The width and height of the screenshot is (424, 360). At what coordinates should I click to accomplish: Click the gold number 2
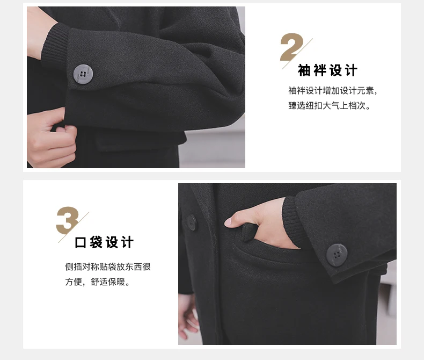click(291, 47)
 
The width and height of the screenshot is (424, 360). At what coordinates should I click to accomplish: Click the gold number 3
click(67, 220)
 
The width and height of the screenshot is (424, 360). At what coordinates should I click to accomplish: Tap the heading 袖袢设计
click(328, 70)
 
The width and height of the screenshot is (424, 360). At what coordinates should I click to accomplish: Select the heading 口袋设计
click(104, 242)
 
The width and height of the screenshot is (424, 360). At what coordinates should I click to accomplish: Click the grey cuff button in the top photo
click(83, 74)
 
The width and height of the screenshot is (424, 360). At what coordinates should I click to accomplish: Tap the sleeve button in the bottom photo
click(337, 255)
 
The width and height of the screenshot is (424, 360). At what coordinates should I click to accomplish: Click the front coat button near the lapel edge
click(192, 222)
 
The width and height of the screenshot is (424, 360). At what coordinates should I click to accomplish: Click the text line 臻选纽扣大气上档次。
click(329, 105)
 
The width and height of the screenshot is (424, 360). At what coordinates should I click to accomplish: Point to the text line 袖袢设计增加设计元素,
click(332, 90)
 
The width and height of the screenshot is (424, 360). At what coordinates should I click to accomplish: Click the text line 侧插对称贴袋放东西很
click(108, 267)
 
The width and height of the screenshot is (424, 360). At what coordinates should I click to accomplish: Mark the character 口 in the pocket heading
click(81, 242)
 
